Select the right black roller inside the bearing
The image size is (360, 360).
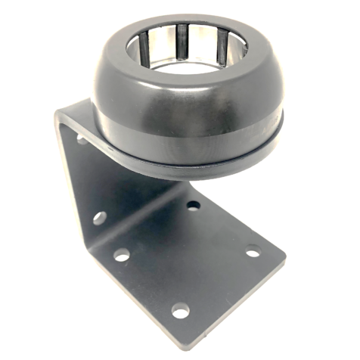(221, 48)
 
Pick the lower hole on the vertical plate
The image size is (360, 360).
(98, 218)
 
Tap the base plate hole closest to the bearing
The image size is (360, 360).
(194, 205)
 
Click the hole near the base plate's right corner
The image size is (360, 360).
(253, 251)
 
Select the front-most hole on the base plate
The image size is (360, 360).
(180, 310)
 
